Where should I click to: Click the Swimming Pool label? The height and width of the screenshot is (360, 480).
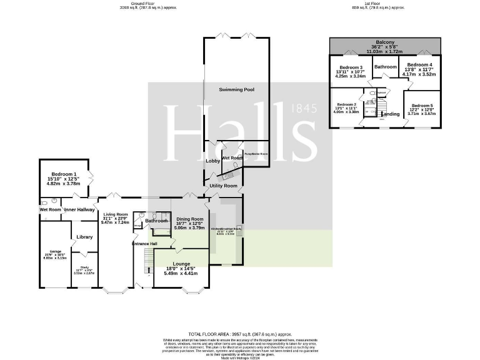coord(236,90)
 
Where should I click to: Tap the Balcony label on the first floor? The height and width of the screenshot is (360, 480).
coord(385,42)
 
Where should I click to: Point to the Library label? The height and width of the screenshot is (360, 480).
coord(84,237)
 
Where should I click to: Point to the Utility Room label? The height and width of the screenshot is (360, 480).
coord(223,186)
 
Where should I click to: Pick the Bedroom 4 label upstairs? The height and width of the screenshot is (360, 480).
coord(420,65)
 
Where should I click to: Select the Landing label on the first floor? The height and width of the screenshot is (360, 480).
coord(390,114)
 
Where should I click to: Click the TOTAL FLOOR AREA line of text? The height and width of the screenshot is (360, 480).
coord(239,335)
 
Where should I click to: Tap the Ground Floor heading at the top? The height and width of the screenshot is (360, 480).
coord(147,3)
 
